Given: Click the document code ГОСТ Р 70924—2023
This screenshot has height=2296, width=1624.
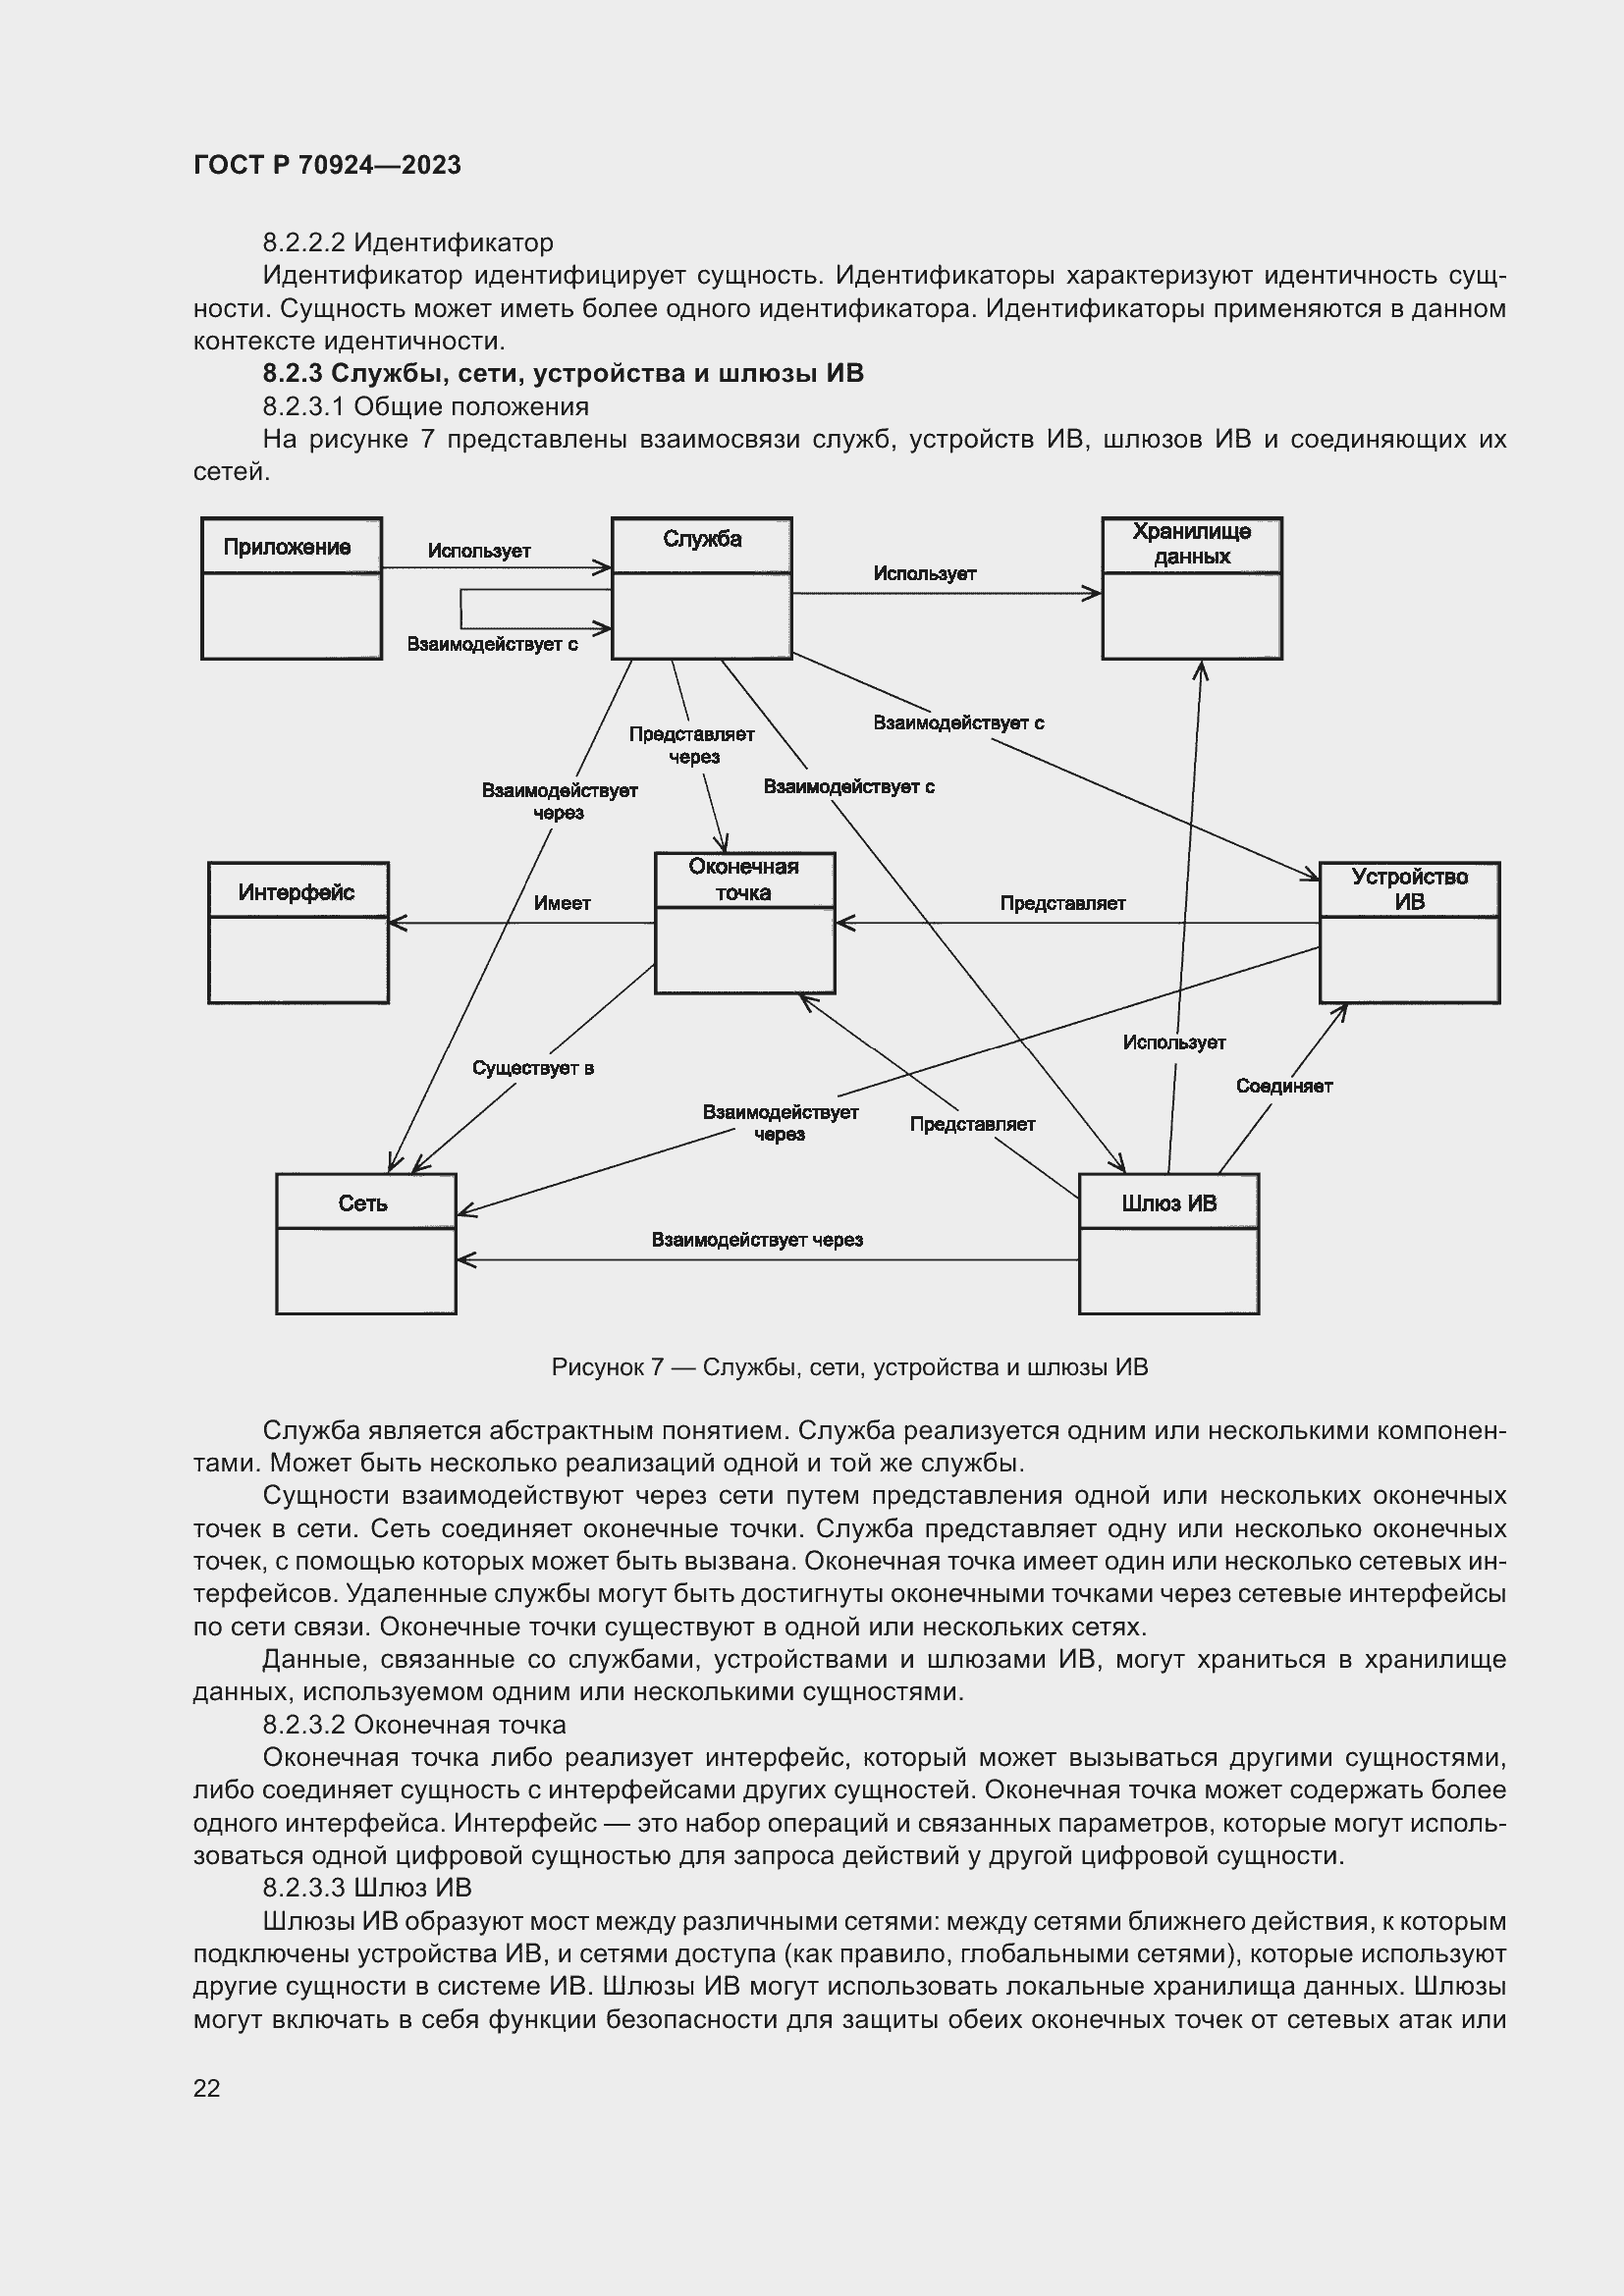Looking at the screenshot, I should tap(327, 165).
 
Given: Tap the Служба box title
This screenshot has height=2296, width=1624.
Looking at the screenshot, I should tap(702, 540).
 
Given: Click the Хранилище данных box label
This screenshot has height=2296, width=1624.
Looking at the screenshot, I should tap(1191, 544).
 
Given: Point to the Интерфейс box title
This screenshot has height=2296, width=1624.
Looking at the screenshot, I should tap(296, 892).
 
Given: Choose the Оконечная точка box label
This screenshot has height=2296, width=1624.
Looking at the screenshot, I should tap(743, 879).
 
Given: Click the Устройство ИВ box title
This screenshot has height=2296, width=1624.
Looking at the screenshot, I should tap(1409, 889).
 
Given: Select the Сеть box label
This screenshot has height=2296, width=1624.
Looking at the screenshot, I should tap(363, 1203).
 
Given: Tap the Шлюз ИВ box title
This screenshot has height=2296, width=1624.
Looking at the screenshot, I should tap(1168, 1203).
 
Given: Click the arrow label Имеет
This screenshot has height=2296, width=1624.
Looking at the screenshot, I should tap(562, 903).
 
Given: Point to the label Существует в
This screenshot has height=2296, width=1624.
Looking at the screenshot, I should tap(533, 1068).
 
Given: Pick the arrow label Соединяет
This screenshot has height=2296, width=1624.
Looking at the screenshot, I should tap(1284, 1086).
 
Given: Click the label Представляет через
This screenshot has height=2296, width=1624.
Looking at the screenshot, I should tap(692, 745).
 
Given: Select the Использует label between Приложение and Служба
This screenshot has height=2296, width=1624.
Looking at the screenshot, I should tap(479, 551).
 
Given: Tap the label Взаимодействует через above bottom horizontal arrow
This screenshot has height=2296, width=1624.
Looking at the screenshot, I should tap(757, 1240).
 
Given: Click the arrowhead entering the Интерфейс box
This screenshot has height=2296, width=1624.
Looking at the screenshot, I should tap(396, 923).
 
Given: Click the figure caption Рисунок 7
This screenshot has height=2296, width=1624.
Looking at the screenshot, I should tap(849, 1367).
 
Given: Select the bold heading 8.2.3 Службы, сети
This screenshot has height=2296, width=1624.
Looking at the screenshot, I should tap(563, 374).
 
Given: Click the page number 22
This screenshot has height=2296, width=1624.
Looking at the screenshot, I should tap(206, 2088).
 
